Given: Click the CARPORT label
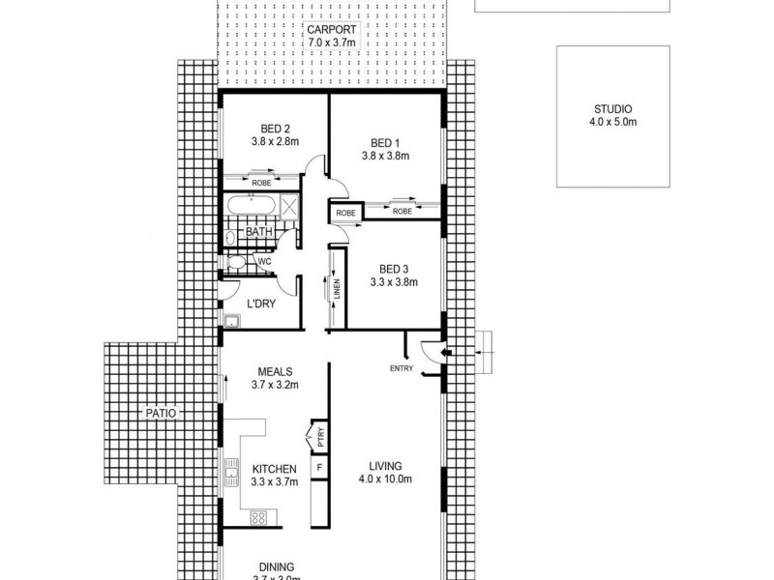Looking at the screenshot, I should click(x=331, y=29).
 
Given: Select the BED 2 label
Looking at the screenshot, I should click(x=275, y=128).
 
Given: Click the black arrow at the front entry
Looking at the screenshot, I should click(x=444, y=355).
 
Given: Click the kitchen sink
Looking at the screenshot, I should click(x=231, y=474).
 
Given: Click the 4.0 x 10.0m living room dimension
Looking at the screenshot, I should click(x=384, y=479).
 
